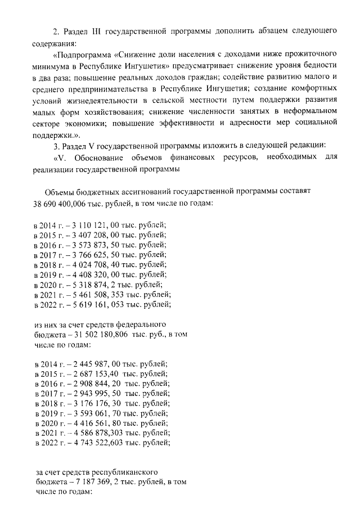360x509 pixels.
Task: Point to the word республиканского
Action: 120,472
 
